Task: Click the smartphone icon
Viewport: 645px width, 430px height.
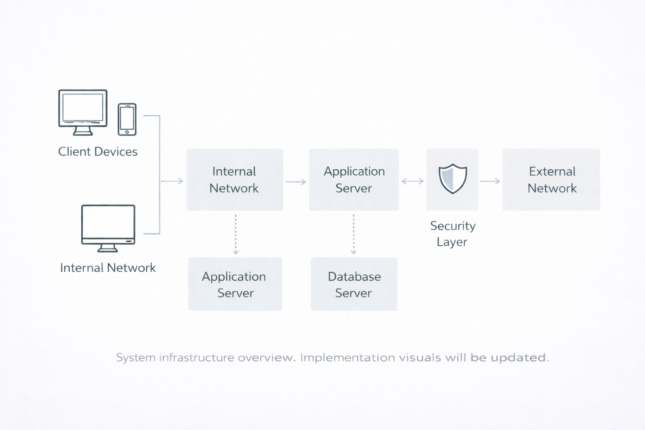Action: pos(127,119)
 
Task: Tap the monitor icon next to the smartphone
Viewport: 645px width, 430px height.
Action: pos(83,112)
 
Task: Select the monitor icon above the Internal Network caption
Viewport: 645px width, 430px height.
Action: pos(108,228)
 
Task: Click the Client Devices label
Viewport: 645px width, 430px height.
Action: pos(98,152)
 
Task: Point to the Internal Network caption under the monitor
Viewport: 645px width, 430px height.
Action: pos(108,268)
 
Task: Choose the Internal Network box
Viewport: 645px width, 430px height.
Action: pos(234,180)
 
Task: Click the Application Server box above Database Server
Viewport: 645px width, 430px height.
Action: pos(354,180)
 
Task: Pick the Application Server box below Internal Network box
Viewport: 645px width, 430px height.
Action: pos(235,284)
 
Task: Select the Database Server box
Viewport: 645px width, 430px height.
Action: pos(354,284)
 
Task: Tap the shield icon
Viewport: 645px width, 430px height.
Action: pos(453,178)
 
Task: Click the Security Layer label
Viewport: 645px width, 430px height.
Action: pos(453,234)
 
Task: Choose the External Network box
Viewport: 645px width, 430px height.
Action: pos(551,180)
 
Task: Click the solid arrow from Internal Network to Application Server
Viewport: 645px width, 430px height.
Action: pos(296,182)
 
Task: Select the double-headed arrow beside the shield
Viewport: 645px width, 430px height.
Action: pos(412,181)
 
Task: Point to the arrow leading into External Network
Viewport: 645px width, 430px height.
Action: pos(490,181)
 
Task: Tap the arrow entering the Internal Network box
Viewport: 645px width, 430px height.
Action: pos(172,181)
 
